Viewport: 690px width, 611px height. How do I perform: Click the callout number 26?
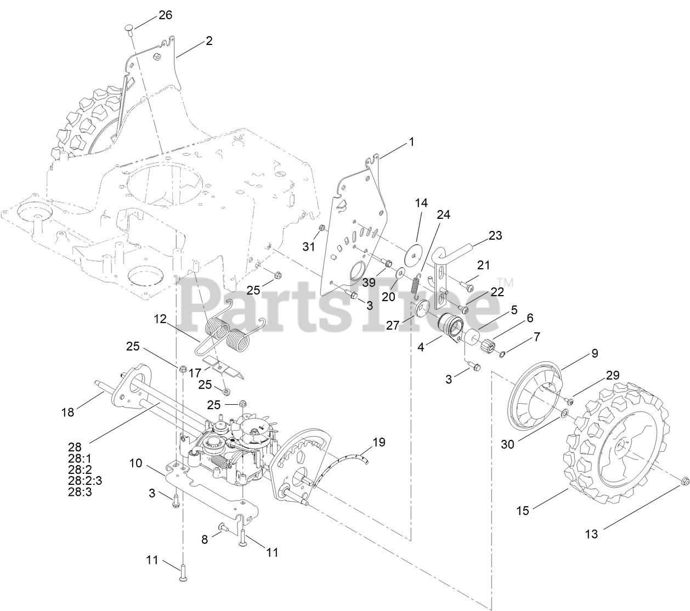click(x=165, y=15)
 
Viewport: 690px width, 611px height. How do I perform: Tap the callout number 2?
click(x=209, y=41)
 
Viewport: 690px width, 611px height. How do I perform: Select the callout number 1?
click(x=411, y=142)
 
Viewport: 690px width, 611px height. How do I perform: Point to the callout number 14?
click(x=421, y=203)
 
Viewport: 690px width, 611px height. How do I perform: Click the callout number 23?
click(x=495, y=236)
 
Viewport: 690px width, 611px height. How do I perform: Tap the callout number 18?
click(x=67, y=412)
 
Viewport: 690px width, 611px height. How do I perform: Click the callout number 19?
click(x=379, y=442)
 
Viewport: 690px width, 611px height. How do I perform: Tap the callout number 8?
click(x=205, y=540)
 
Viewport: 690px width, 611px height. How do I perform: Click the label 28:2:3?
click(x=85, y=481)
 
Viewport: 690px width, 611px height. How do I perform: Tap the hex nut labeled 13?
click(x=683, y=481)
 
